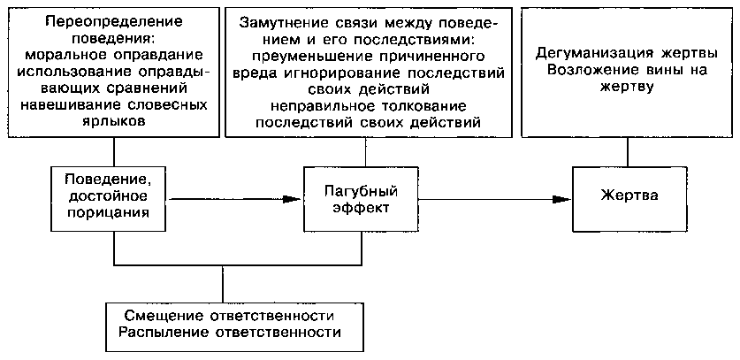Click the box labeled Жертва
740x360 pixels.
pos(629,195)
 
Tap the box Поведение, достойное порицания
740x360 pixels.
pos(106,196)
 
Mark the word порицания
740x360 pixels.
pos(106,213)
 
